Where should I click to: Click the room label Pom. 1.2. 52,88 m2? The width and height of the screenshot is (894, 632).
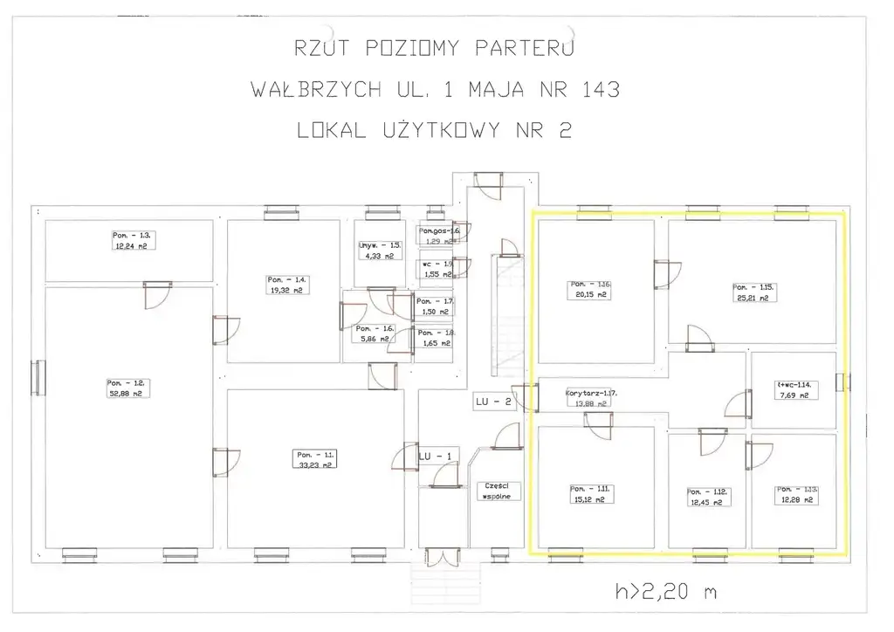click(x=125, y=388)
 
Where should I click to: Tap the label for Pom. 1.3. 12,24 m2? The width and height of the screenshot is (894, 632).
click(x=132, y=242)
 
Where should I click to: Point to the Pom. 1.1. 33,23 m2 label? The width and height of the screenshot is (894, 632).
click(x=313, y=460)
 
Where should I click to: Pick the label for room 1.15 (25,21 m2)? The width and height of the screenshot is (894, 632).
click(x=753, y=292)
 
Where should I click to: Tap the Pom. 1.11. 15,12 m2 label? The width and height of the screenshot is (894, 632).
click(x=591, y=495)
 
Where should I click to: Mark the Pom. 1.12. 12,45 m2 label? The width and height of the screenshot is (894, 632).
click(x=707, y=497)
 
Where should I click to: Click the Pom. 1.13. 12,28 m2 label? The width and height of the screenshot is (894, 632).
click(x=795, y=495)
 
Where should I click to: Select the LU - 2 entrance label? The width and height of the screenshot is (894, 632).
click(x=492, y=402)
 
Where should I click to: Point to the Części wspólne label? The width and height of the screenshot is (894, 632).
click(x=501, y=491)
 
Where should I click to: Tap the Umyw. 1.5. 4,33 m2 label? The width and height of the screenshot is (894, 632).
click(x=379, y=251)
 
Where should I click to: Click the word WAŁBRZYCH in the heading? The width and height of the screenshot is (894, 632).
click(x=314, y=89)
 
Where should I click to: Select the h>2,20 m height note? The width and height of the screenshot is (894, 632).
click(x=665, y=593)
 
